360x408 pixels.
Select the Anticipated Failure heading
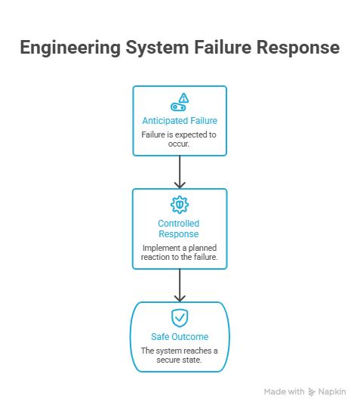pos(180,120)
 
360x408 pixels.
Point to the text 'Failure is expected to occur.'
pos(180,138)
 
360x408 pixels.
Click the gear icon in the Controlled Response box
pos(180,204)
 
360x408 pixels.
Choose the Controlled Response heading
pos(180,229)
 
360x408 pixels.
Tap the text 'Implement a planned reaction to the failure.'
pos(180,253)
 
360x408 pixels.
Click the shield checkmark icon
pos(180,317)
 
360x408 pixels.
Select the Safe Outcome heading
pos(180,337)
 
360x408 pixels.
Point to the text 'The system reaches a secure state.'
pos(180,355)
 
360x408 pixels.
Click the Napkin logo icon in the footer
pos(312,392)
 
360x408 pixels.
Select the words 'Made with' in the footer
pos(285,392)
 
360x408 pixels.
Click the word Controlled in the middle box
pos(180,224)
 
